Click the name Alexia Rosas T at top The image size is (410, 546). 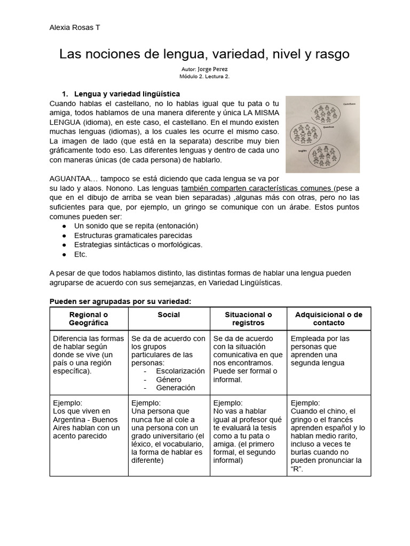[x=74, y=28]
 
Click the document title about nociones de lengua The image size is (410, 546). [x=204, y=54]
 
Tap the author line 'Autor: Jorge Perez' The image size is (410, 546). [x=204, y=69]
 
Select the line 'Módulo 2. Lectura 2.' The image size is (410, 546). [x=204, y=76]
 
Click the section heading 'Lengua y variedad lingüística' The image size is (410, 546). [x=127, y=93]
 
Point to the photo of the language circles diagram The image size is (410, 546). [x=322, y=134]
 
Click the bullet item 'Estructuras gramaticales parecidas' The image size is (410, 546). [x=133, y=235]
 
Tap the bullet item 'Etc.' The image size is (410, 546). [x=81, y=254]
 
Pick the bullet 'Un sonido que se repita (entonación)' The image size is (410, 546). [x=136, y=226]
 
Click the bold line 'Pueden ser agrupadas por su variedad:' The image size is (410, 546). [x=120, y=302]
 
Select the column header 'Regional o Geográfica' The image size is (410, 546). [x=89, y=319]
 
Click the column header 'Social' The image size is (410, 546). [x=169, y=315]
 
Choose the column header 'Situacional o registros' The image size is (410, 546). [x=248, y=319]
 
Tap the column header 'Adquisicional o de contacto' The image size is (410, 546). [x=328, y=319]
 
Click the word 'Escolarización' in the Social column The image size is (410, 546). [x=180, y=371]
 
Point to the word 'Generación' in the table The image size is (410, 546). [x=176, y=388]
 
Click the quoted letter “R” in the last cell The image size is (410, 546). [x=297, y=469]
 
